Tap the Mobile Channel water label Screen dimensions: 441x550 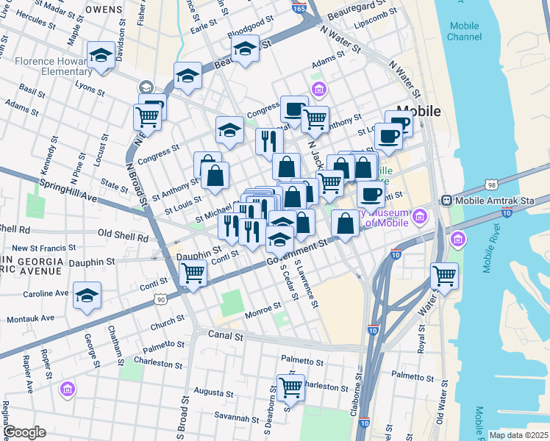tap(464, 31)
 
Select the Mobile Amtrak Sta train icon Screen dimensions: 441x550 tap(446, 200)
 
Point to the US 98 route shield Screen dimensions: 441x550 tap(492, 184)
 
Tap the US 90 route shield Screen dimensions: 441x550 tap(161, 299)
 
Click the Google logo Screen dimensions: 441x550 tap(25, 432)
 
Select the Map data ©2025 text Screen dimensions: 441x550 tap(518, 435)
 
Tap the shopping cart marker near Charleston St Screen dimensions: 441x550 tap(291, 387)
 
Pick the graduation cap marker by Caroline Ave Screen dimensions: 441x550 tap(87, 295)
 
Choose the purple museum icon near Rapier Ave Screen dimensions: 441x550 tap(68, 388)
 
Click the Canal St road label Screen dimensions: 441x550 tap(228, 336)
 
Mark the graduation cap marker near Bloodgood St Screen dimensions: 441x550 tap(245, 50)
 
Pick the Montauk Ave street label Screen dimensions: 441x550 tap(30, 319)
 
